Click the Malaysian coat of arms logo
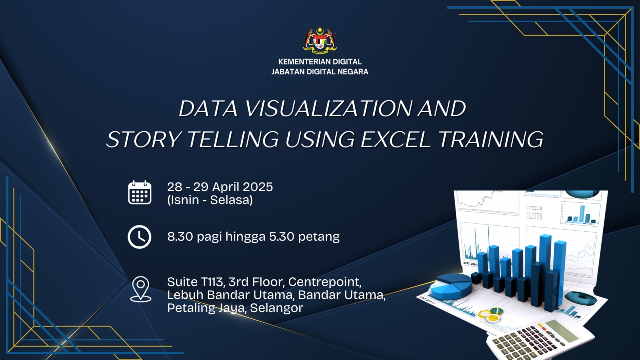click(x=320, y=41)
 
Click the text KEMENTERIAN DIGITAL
click(x=320, y=62)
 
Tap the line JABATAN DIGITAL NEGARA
click(x=320, y=72)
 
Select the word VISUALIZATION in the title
click(x=328, y=108)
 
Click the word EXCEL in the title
click(x=396, y=140)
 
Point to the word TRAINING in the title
click(x=491, y=140)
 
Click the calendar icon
click(x=140, y=192)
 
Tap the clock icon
click(x=140, y=237)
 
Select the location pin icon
click(x=140, y=289)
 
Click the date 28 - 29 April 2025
click(x=220, y=187)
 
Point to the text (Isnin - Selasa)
click(x=210, y=200)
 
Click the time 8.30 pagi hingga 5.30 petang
click(x=254, y=237)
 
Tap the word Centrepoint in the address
click(x=325, y=282)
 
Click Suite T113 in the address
click(x=195, y=282)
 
